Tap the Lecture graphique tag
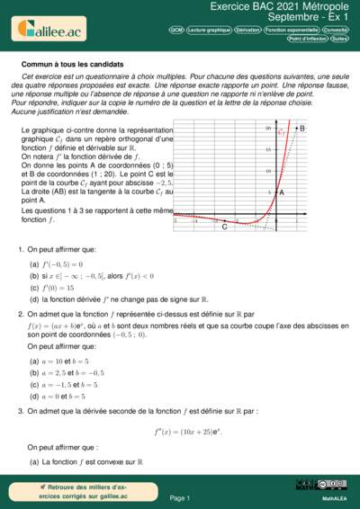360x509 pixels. click(x=208, y=30)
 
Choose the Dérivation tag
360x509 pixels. click(x=247, y=30)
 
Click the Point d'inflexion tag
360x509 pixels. click(x=307, y=39)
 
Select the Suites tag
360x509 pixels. click(x=339, y=39)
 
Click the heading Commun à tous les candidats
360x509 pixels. click(x=72, y=65)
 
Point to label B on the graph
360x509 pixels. click(x=301, y=129)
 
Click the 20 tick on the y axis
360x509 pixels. click(x=267, y=129)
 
